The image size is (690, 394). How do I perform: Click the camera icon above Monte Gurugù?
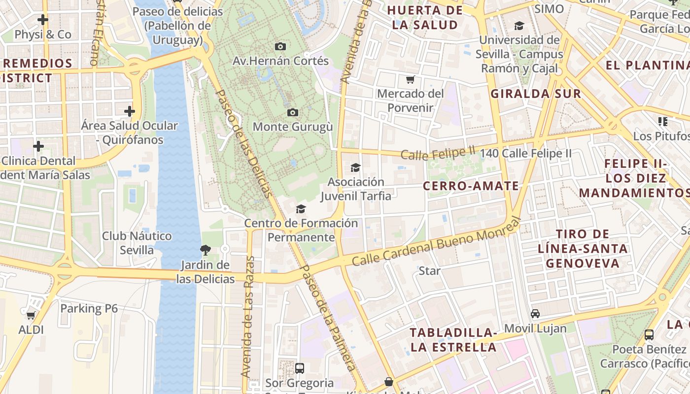(293, 112)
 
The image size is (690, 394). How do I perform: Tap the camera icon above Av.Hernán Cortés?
(280, 46)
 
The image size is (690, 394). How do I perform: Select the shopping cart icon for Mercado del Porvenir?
(410, 79)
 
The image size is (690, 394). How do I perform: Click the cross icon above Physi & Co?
(43, 20)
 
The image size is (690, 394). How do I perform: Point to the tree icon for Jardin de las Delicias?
(206, 250)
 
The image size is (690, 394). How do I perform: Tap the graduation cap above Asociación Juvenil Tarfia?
(355, 167)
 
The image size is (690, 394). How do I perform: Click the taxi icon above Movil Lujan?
(535, 314)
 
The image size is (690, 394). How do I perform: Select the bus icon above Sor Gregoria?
(299, 368)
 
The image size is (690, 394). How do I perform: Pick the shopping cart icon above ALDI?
(31, 315)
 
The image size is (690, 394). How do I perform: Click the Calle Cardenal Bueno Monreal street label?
(436, 244)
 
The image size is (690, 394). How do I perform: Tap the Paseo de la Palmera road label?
(328, 318)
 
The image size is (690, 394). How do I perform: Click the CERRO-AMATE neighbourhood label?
(471, 186)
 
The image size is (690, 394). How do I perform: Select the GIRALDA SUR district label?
(536, 94)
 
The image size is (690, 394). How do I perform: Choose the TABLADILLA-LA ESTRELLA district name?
(453, 339)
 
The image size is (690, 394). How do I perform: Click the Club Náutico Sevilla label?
(137, 243)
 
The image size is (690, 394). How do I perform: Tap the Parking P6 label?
(89, 308)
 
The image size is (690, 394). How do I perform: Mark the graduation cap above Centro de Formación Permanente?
(301, 209)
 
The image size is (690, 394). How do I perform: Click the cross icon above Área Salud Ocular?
(130, 111)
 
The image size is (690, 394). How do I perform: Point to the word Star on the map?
(429, 270)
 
